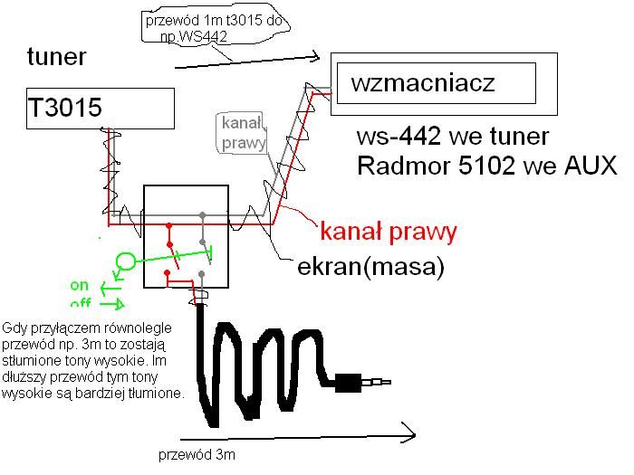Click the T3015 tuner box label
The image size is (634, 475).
coord(64,108)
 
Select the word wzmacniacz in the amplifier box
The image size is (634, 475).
coord(423,83)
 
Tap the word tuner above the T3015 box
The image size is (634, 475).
coord(56,56)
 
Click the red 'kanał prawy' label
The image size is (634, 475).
coord(389,232)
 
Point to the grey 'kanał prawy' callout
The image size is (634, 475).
coord(243,133)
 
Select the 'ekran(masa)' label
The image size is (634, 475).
coord(370,267)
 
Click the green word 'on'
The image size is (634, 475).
coord(80,285)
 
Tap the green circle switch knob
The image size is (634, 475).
coord(126,261)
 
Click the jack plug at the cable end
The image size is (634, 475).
coord(362,383)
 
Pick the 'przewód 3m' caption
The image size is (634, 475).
coord(197,455)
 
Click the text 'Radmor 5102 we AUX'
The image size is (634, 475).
coord(487,166)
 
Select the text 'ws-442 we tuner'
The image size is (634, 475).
coord(453,137)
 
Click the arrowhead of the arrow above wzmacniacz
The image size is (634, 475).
coord(314,57)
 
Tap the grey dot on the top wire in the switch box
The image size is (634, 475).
coord(203,215)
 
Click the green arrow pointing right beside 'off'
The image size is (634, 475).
coord(112,304)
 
